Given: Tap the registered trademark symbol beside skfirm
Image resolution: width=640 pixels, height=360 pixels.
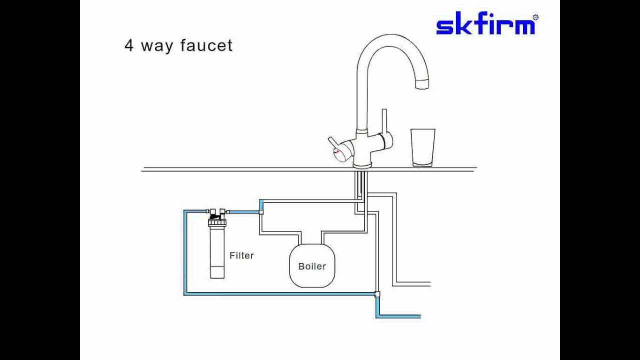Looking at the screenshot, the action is pyautogui.click(x=535, y=17).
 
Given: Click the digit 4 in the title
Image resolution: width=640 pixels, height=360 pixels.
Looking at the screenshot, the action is pyautogui.click(x=129, y=45).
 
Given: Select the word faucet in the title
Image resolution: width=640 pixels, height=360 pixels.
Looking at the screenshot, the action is pyautogui.click(x=206, y=45).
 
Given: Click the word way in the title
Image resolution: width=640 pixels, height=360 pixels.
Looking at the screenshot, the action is pyautogui.click(x=157, y=46).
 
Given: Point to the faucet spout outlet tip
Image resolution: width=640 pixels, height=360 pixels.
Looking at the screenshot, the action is pyautogui.click(x=422, y=85).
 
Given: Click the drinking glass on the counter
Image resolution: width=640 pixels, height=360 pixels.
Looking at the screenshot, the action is pyautogui.click(x=423, y=147).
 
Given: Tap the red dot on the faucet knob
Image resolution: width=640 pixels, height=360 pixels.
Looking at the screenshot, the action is pyautogui.click(x=337, y=151).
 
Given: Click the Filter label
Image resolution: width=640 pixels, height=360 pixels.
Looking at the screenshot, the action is pyautogui.click(x=241, y=255).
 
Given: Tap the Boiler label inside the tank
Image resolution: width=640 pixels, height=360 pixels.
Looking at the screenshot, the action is pyautogui.click(x=312, y=266).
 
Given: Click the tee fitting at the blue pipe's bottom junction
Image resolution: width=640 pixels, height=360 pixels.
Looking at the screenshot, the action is pyautogui.click(x=377, y=294).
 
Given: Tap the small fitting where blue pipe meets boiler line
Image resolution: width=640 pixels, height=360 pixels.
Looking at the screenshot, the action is pyautogui.click(x=261, y=212).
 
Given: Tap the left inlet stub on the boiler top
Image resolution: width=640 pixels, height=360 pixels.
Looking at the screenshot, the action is pyautogui.click(x=301, y=237).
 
